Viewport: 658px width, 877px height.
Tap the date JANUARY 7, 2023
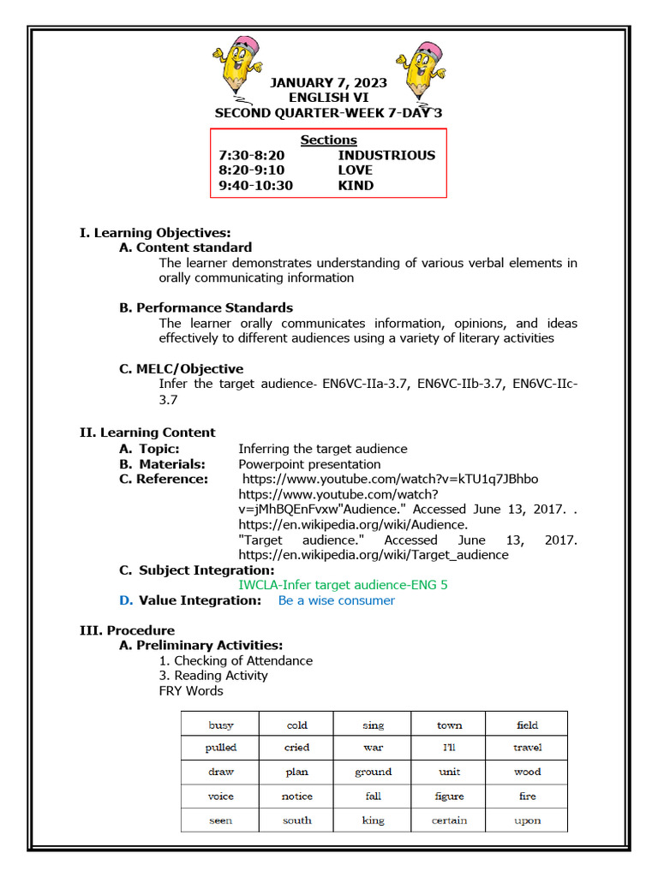coord(328,83)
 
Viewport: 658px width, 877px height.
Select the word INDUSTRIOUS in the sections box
coord(386,155)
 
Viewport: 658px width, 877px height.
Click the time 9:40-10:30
coord(255,185)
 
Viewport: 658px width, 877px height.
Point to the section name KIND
coord(356,185)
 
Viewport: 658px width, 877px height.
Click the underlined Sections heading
coord(328,140)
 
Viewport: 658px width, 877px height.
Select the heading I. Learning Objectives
coord(155,232)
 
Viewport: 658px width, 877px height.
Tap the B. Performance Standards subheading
coord(206,307)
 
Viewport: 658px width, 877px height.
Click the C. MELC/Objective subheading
coord(181,369)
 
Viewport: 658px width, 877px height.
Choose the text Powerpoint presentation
coord(297,464)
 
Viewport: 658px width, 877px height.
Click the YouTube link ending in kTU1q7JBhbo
coord(391,479)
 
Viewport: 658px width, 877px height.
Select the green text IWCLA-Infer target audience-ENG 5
coord(343,584)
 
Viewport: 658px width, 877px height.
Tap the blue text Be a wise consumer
coord(337,600)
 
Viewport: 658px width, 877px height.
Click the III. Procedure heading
coord(127,630)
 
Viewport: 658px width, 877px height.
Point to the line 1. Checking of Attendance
coord(236,660)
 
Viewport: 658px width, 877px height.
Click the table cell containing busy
coord(220,725)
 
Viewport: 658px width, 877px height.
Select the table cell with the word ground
coord(373,772)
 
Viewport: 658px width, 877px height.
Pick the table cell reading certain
coord(449,820)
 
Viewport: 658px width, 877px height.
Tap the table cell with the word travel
coord(527,748)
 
